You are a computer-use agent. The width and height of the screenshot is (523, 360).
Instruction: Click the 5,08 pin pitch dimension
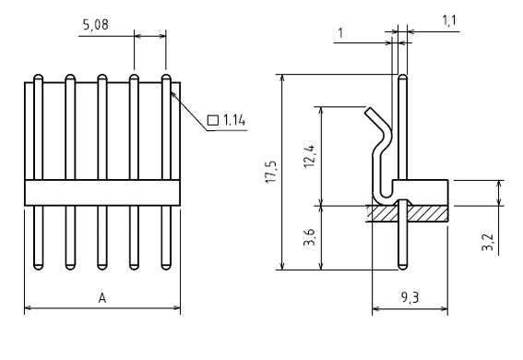(96, 25)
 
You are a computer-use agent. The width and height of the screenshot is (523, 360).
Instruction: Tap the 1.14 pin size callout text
(234, 120)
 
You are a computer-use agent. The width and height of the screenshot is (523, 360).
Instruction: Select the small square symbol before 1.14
(213, 120)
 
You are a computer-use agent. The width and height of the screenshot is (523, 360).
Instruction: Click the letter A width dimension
(102, 297)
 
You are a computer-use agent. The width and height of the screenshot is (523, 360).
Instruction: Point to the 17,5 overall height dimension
(271, 172)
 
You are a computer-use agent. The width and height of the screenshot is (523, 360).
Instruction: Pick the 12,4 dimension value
(310, 156)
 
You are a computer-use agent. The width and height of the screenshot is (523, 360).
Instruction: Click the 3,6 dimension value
(310, 237)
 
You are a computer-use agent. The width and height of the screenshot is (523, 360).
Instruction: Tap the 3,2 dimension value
(488, 242)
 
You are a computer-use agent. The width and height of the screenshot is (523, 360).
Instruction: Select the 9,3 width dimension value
(410, 297)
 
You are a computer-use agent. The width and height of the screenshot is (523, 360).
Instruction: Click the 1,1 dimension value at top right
(449, 20)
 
